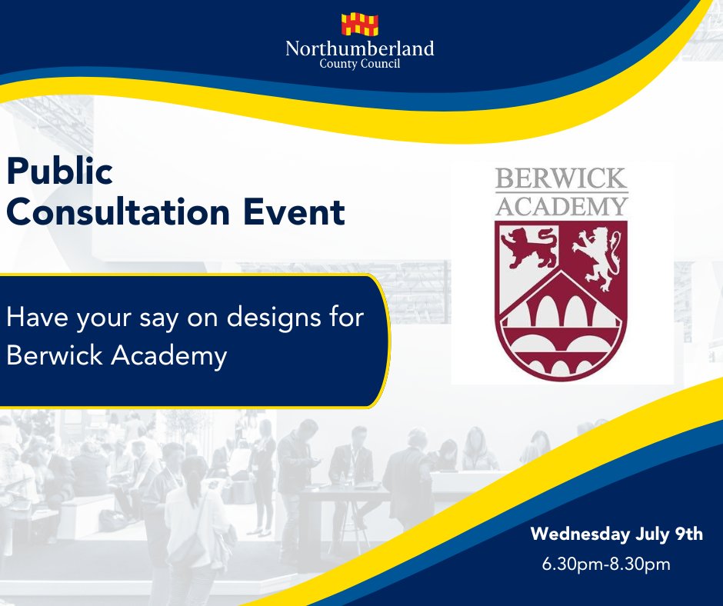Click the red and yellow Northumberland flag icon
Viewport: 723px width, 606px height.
click(360, 25)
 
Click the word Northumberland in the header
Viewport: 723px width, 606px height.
click(360, 48)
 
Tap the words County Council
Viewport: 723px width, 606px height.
click(360, 64)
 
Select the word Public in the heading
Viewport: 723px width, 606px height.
click(59, 171)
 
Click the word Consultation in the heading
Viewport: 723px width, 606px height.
click(118, 212)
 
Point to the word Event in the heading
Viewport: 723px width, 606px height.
click(294, 212)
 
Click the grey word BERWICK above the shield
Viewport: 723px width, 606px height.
click(561, 178)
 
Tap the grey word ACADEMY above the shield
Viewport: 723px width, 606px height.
click(561, 206)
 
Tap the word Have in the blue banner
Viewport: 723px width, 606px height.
click(38, 318)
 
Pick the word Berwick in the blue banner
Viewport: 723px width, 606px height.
click(55, 355)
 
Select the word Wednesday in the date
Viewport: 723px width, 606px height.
click(580, 534)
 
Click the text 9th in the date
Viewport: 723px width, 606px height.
click(689, 534)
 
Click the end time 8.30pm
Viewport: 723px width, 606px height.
click(640, 564)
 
